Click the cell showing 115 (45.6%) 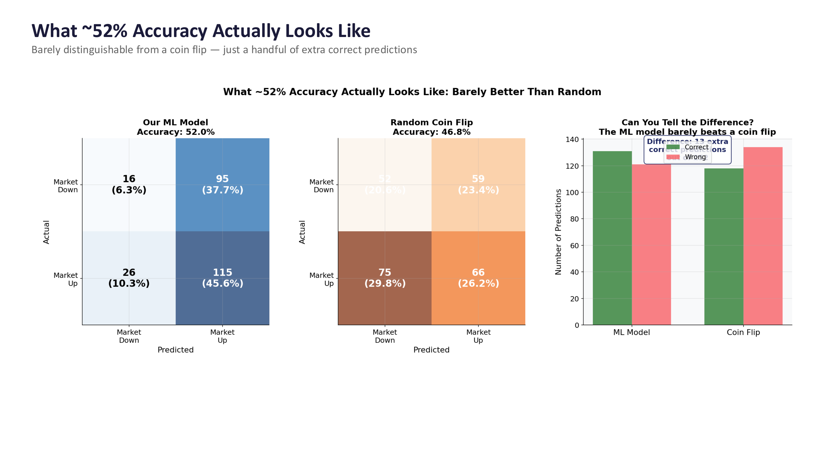[x=222, y=278]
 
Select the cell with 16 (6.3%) [x=129, y=184]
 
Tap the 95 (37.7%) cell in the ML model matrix [x=222, y=184]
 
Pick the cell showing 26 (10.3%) [x=129, y=278]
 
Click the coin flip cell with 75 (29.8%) [x=385, y=278]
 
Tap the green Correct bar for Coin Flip [x=724, y=246]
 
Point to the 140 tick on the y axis [x=572, y=139]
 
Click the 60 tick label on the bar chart [x=574, y=246]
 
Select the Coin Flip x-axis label [x=743, y=332]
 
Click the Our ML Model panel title [x=175, y=122]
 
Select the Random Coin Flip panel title [x=431, y=122]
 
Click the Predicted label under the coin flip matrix [x=431, y=350]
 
